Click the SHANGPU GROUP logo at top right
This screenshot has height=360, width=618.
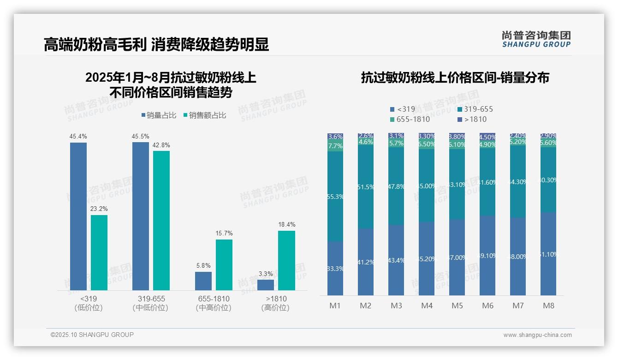[x=536, y=39]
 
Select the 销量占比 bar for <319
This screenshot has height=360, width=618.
[x=78, y=216]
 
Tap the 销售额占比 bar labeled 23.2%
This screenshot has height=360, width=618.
[x=99, y=252]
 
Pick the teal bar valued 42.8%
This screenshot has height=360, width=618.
[x=161, y=220]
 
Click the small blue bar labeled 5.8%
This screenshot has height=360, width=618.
[x=203, y=281]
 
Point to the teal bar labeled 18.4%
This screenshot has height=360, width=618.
[x=286, y=260]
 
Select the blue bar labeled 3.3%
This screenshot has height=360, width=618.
[x=266, y=285]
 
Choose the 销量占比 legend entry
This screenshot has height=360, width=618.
[x=158, y=115]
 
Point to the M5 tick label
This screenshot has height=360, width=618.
[x=457, y=306]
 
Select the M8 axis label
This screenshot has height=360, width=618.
[x=548, y=306]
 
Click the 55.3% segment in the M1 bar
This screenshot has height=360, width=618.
[x=335, y=196]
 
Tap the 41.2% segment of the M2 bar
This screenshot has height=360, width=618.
[x=366, y=262]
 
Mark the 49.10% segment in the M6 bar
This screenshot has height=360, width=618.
[x=487, y=255]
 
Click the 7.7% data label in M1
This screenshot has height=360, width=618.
[x=335, y=146]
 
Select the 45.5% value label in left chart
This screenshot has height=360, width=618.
[x=141, y=137]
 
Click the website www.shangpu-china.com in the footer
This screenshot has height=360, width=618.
[x=537, y=335]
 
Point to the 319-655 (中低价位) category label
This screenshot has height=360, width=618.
[x=150, y=303]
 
